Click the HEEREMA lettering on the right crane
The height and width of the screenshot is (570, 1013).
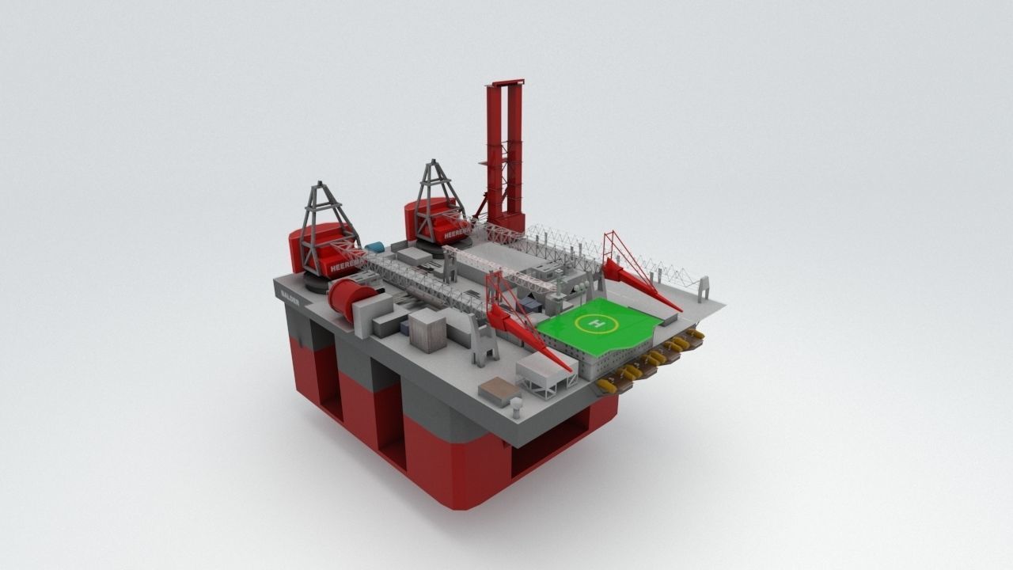(x=457, y=235)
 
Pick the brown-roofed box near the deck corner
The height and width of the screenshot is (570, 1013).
(x=499, y=389)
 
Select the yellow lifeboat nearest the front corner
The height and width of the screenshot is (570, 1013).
(x=607, y=386)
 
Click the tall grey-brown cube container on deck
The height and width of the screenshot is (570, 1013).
(x=427, y=330)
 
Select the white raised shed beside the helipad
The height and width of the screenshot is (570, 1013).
(x=547, y=373)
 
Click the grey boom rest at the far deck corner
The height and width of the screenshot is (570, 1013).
(x=704, y=288)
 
